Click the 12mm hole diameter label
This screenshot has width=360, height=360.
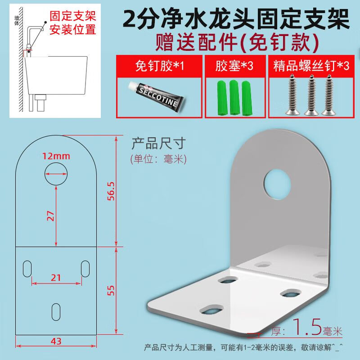[56, 156]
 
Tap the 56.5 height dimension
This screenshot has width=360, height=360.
[111, 191]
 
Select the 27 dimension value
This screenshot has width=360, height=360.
[50, 216]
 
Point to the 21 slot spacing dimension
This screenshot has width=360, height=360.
[56, 278]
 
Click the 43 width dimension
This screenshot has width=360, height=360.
[56, 342]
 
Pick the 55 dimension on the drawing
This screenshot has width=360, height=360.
[111, 290]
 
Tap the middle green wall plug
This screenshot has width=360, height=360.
[234, 97]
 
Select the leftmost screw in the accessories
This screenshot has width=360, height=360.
[292, 94]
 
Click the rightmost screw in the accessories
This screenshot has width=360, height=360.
[328, 94]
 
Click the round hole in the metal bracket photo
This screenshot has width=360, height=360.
[277, 184]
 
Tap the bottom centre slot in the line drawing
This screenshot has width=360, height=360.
[56, 312]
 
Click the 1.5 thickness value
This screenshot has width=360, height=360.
[307, 327]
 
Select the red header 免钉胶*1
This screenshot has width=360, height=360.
[159, 66]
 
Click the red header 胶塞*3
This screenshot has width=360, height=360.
[234, 66]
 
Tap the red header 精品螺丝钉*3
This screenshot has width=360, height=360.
[311, 66]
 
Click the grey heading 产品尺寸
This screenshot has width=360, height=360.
[158, 144]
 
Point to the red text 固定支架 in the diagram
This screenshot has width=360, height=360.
[73, 16]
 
